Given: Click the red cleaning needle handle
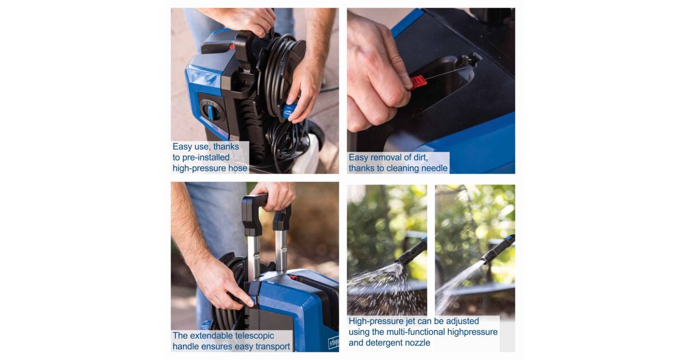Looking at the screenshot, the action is [418, 82].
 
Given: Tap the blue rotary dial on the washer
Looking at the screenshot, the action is [211, 110].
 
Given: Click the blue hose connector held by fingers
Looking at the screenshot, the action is [289, 110].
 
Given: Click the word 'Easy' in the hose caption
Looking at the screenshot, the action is [182, 147].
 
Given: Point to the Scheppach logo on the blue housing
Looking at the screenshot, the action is [333, 342].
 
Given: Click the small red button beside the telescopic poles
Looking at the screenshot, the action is [293, 278].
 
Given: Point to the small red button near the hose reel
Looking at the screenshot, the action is [232, 47].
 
